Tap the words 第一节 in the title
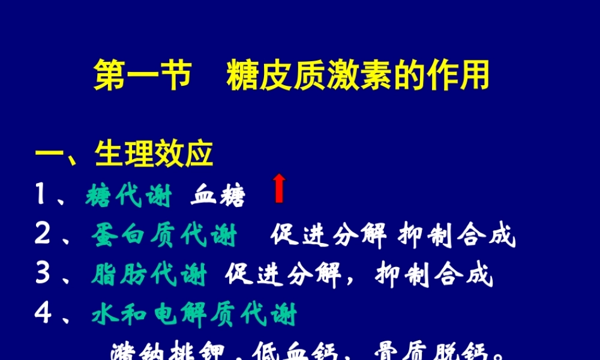pyautogui.click(x=142, y=76)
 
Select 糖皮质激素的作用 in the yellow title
pyautogui.click(x=358, y=76)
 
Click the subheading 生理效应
pyautogui.click(x=154, y=155)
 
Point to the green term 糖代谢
pyautogui.click(x=128, y=196)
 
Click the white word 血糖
pyautogui.click(x=218, y=196)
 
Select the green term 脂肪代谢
pyautogui.click(x=149, y=275)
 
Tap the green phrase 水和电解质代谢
pyautogui.click(x=194, y=314)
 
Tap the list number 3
pyautogui.click(x=42, y=275)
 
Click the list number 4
pyautogui.click(x=42, y=314)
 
